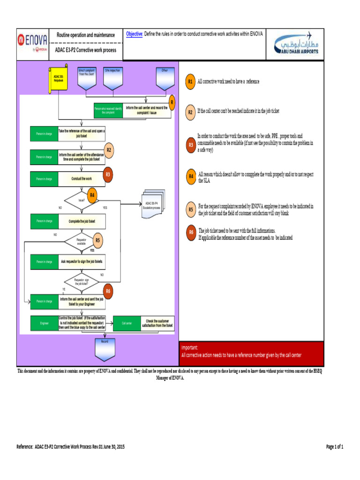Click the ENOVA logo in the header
click(x=32, y=41)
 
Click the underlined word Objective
click(x=134, y=34)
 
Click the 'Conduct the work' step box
click(x=82, y=179)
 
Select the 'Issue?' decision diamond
click(x=82, y=200)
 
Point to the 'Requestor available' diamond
click(x=82, y=241)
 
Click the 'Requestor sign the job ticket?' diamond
click(x=82, y=282)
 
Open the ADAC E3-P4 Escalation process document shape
click(x=152, y=205)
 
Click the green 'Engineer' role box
click(x=45, y=323)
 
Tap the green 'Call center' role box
click(x=127, y=323)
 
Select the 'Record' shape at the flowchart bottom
click(x=105, y=345)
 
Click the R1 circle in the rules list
click(x=190, y=82)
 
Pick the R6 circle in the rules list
click(x=191, y=232)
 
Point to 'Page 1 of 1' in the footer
click(x=335, y=447)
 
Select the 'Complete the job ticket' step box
click(x=82, y=221)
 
